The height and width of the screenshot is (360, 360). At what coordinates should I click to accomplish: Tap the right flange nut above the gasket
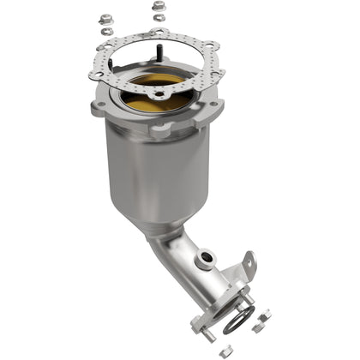click(158, 6)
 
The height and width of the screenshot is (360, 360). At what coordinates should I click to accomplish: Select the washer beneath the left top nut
click(105, 31)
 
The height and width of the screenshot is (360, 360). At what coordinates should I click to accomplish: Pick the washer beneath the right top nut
click(159, 19)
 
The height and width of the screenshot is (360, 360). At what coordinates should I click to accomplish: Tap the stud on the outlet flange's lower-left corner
click(206, 336)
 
